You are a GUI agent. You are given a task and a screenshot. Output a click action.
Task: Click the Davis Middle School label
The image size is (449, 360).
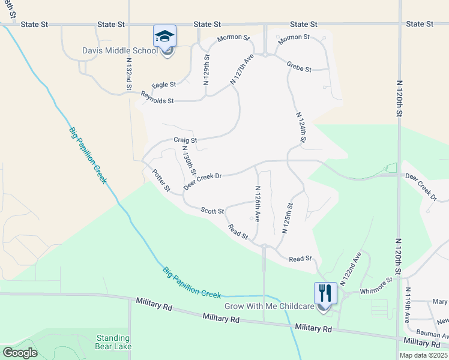click(120, 50)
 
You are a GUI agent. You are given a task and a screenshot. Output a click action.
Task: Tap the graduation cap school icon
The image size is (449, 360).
click(164, 36)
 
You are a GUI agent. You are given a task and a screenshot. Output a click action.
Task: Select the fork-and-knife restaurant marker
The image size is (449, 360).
click(325, 293)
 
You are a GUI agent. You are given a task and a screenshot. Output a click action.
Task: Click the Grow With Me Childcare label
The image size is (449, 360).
click(270, 306)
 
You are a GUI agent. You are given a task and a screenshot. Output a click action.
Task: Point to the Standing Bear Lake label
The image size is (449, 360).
click(112, 341)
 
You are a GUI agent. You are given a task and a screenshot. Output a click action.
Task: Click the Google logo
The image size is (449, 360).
click(20, 353)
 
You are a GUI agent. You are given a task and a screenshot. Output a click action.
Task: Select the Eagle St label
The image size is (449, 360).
click(164, 85)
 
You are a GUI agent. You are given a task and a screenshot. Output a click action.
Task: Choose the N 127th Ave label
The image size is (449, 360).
click(243, 70)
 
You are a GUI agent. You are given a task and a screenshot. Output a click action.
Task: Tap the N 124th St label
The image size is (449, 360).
click(301, 126)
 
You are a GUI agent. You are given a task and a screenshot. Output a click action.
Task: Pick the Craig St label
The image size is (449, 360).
click(185, 140)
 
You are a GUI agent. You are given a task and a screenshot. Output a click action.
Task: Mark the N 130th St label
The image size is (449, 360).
click(188, 161)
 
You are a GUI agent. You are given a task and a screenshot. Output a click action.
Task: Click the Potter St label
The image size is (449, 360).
click(161, 179)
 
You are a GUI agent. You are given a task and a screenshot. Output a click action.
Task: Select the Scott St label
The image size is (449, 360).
click(212, 211)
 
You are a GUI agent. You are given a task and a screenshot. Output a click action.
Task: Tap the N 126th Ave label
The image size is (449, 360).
click(257, 204)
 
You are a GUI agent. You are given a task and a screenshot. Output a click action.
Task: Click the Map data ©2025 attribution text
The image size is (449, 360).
click(423, 355)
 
